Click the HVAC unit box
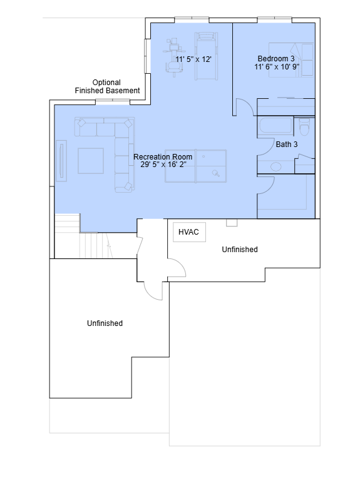click(x=189, y=232)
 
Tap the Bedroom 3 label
click(x=276, y=59)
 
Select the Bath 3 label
click(x=287, y=144)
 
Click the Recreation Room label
click(x=163, y=156)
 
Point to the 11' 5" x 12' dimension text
click(x=193, y=59)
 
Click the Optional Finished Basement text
click(x=107, y=86)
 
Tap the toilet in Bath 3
click(x=304, y=126)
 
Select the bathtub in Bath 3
click(x=275, y=125)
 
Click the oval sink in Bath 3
click(x=276, y=167)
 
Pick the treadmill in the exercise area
click(x=207, y=56)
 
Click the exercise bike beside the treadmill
click(x=174, y=57)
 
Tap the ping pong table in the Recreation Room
click(x=195, y=166)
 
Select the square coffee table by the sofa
click(x=91, y=161)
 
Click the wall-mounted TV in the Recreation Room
click(x=61, y=161)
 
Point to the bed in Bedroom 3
click(x=291, y=60)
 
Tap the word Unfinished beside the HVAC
click(x=240, y=250)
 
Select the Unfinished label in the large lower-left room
click(x=105, y=323)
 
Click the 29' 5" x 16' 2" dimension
click(x=163, y=165)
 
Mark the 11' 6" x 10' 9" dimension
click(x=277, y=66)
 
